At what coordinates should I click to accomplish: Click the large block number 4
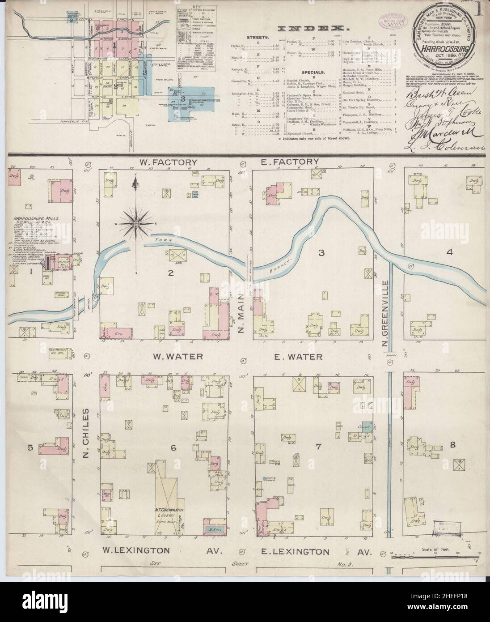[x=449, y=252]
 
